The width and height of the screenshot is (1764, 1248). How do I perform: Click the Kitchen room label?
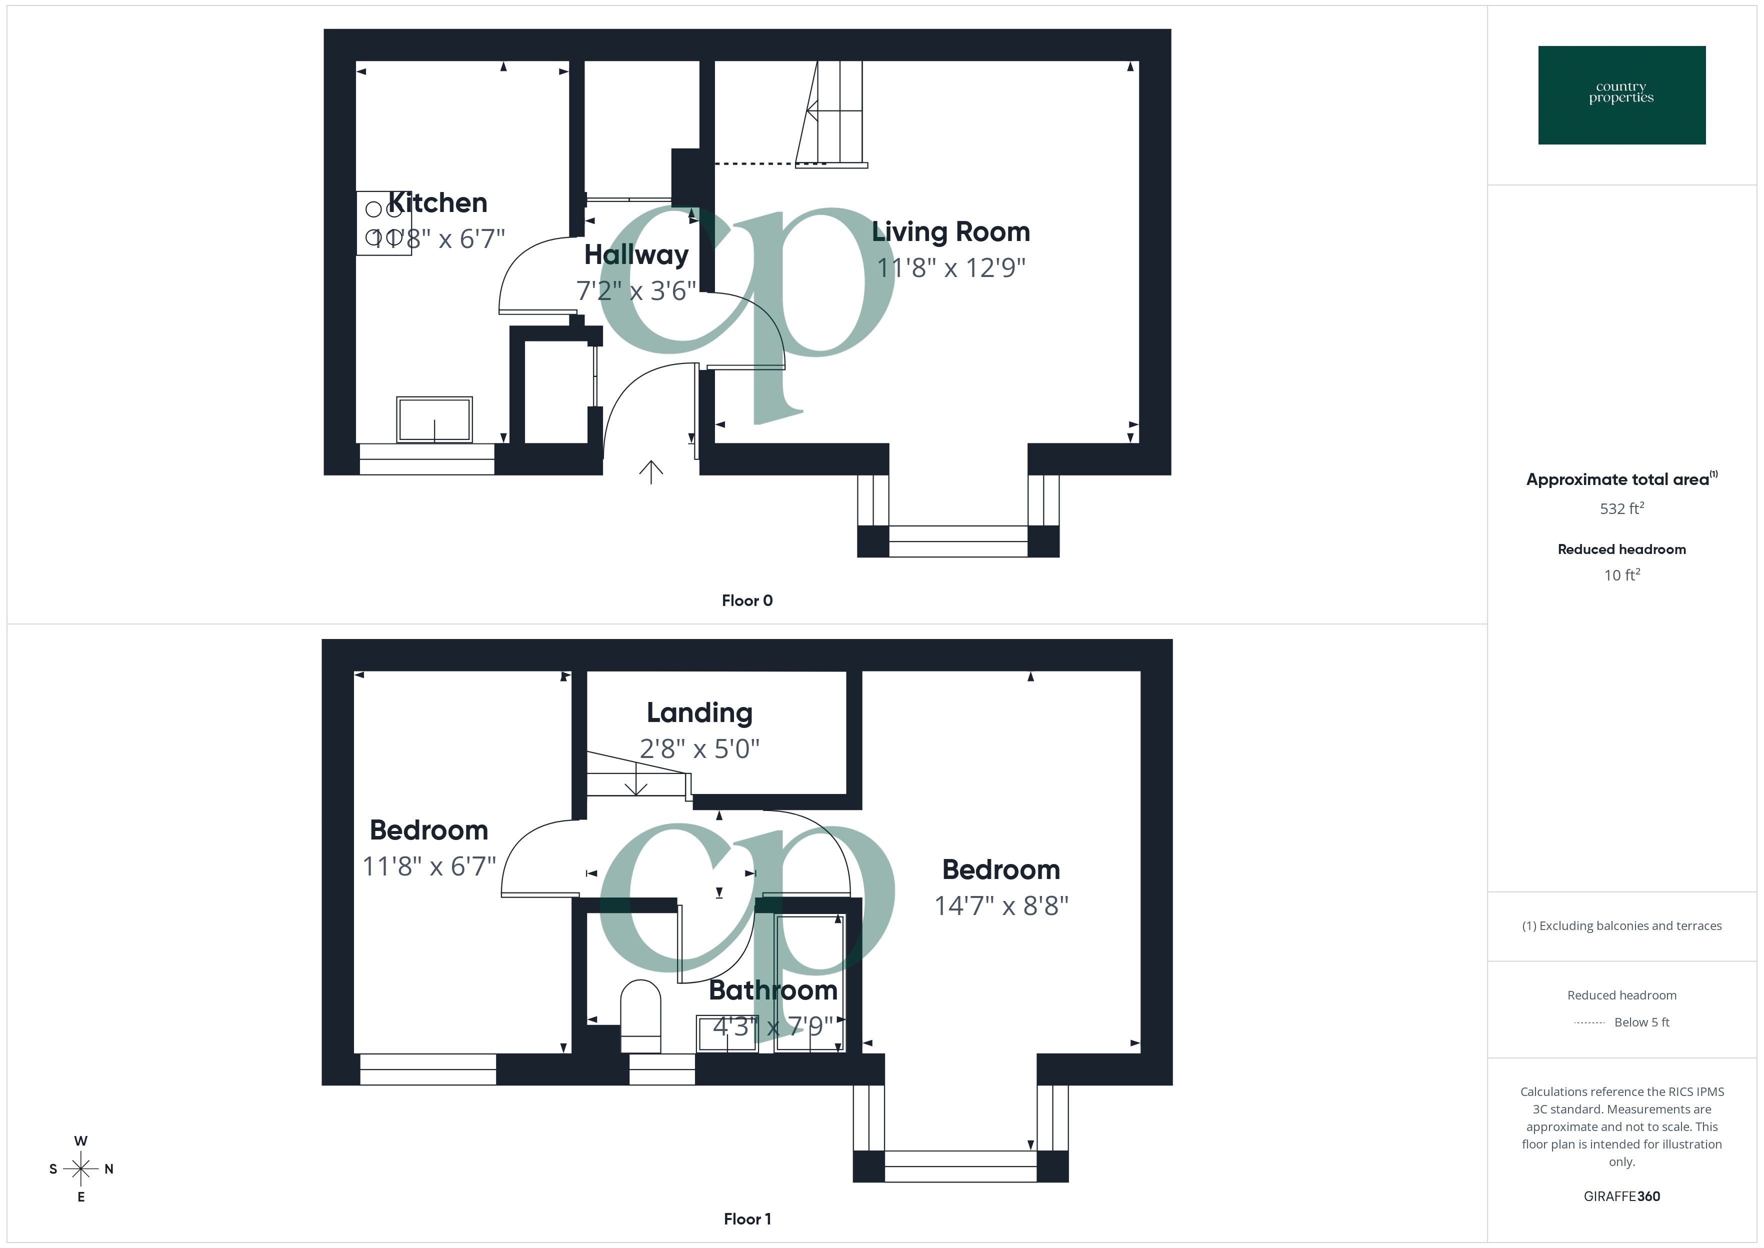click(437, 203)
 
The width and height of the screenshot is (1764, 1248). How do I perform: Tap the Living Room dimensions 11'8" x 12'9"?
click(951, 268)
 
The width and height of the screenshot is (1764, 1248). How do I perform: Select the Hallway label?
click(636, 254)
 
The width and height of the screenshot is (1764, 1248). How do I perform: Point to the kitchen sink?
click(434, 419)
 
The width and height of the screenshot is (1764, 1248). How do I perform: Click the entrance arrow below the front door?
click(650, 472)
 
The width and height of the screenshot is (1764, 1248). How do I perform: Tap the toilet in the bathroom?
click(640, 1015)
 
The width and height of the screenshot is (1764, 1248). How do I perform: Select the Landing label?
click(699, 712)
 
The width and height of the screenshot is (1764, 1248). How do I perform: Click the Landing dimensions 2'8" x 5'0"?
click(699, 748)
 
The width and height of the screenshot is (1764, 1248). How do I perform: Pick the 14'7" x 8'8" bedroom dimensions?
click(1001, 906)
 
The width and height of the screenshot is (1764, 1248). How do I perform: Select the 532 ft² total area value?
click(1621, 508)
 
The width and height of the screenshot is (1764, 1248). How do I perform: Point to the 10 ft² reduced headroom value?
click(1621, 575)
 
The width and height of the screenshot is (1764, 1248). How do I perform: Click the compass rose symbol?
click(80, 1169)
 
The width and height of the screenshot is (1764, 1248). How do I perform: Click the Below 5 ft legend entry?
click(1641, 1022)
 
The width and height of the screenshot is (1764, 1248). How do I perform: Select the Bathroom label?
click(773, 990)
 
